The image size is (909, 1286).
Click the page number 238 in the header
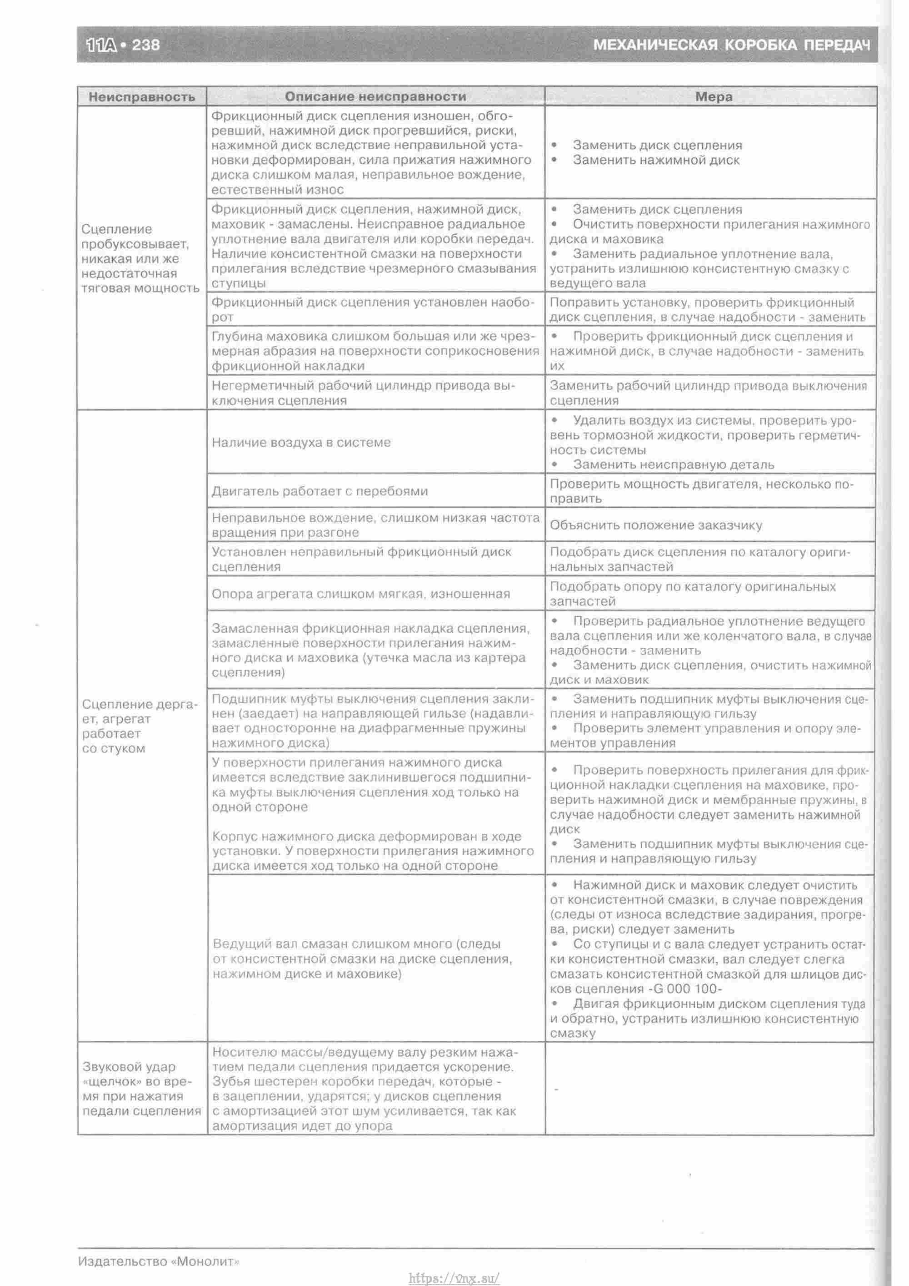tap(145, 45)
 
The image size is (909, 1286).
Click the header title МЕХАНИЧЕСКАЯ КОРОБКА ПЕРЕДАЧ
tap(732, 45)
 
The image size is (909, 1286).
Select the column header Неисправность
tap(142, 97)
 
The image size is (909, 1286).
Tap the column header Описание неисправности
tap(375, 97)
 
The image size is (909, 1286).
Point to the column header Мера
tap(714, 97)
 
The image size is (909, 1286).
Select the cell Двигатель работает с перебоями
tap(320, 491)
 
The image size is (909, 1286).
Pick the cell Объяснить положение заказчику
tap(656, 525)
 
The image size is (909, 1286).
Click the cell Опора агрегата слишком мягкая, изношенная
tap(360, 594)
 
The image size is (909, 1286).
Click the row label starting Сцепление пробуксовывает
tap(140, 259)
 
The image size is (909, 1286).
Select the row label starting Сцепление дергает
tap(140, 726)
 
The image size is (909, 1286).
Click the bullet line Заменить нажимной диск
tap(656, 160)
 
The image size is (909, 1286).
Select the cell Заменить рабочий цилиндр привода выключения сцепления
tap(708, 393)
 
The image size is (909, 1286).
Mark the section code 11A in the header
tap(102, 45)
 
